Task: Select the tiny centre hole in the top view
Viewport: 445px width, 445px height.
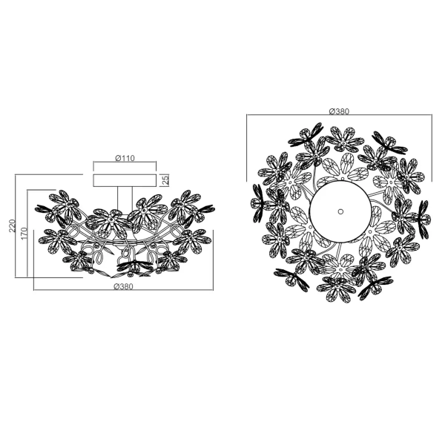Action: coord(340,211)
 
